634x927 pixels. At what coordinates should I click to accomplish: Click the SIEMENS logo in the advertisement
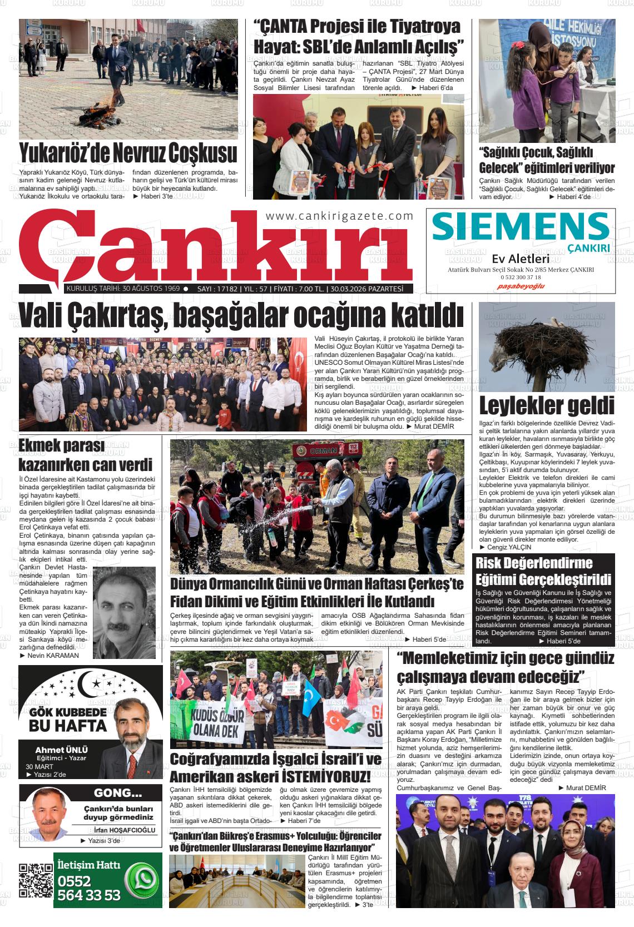(x=520, y=226)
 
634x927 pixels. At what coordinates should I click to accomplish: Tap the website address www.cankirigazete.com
(x=340, y=216)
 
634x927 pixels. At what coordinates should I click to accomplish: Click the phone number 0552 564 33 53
(x=88, y=889)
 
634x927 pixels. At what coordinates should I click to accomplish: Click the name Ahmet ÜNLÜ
(x=61, y=750)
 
